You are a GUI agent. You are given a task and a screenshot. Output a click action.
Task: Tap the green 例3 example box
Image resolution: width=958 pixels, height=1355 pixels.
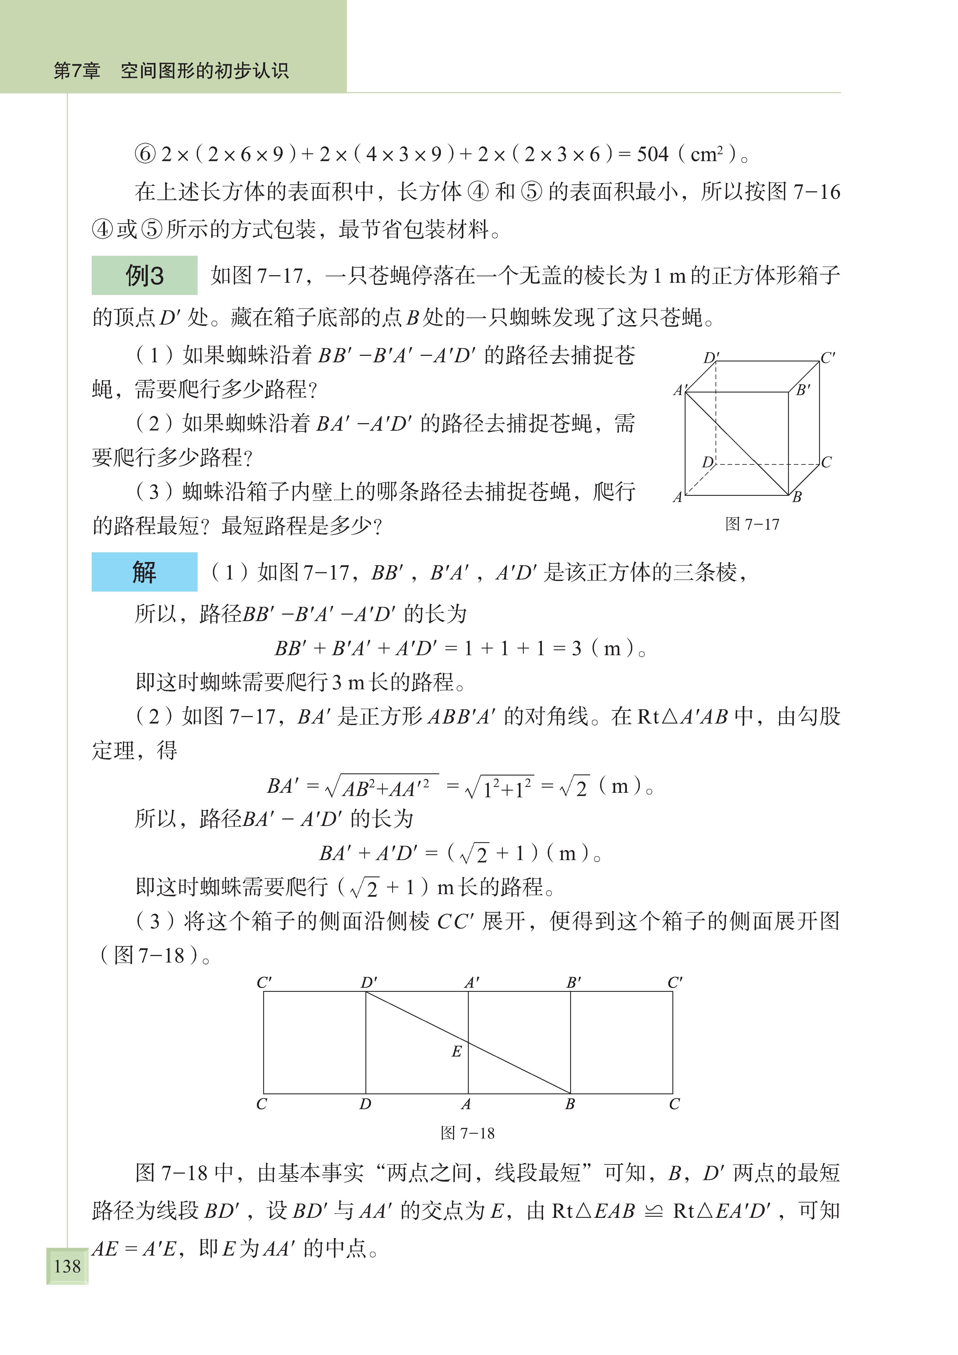coord(144,276)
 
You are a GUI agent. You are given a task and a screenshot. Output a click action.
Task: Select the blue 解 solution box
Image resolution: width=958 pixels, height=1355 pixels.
coord(144,572)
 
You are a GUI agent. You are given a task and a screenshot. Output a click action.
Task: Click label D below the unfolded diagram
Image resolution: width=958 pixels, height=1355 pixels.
coord(365,1104)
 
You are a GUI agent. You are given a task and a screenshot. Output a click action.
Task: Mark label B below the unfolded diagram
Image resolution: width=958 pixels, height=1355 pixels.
coord(570,1104)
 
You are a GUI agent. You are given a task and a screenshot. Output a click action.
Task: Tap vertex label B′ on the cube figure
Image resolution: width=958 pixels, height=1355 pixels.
coord(803,390)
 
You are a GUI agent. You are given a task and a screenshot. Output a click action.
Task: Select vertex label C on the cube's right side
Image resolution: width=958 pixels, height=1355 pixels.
coord(826,462)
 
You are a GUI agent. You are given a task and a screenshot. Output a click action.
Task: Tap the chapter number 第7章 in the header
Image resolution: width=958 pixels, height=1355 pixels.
coord(77,71)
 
